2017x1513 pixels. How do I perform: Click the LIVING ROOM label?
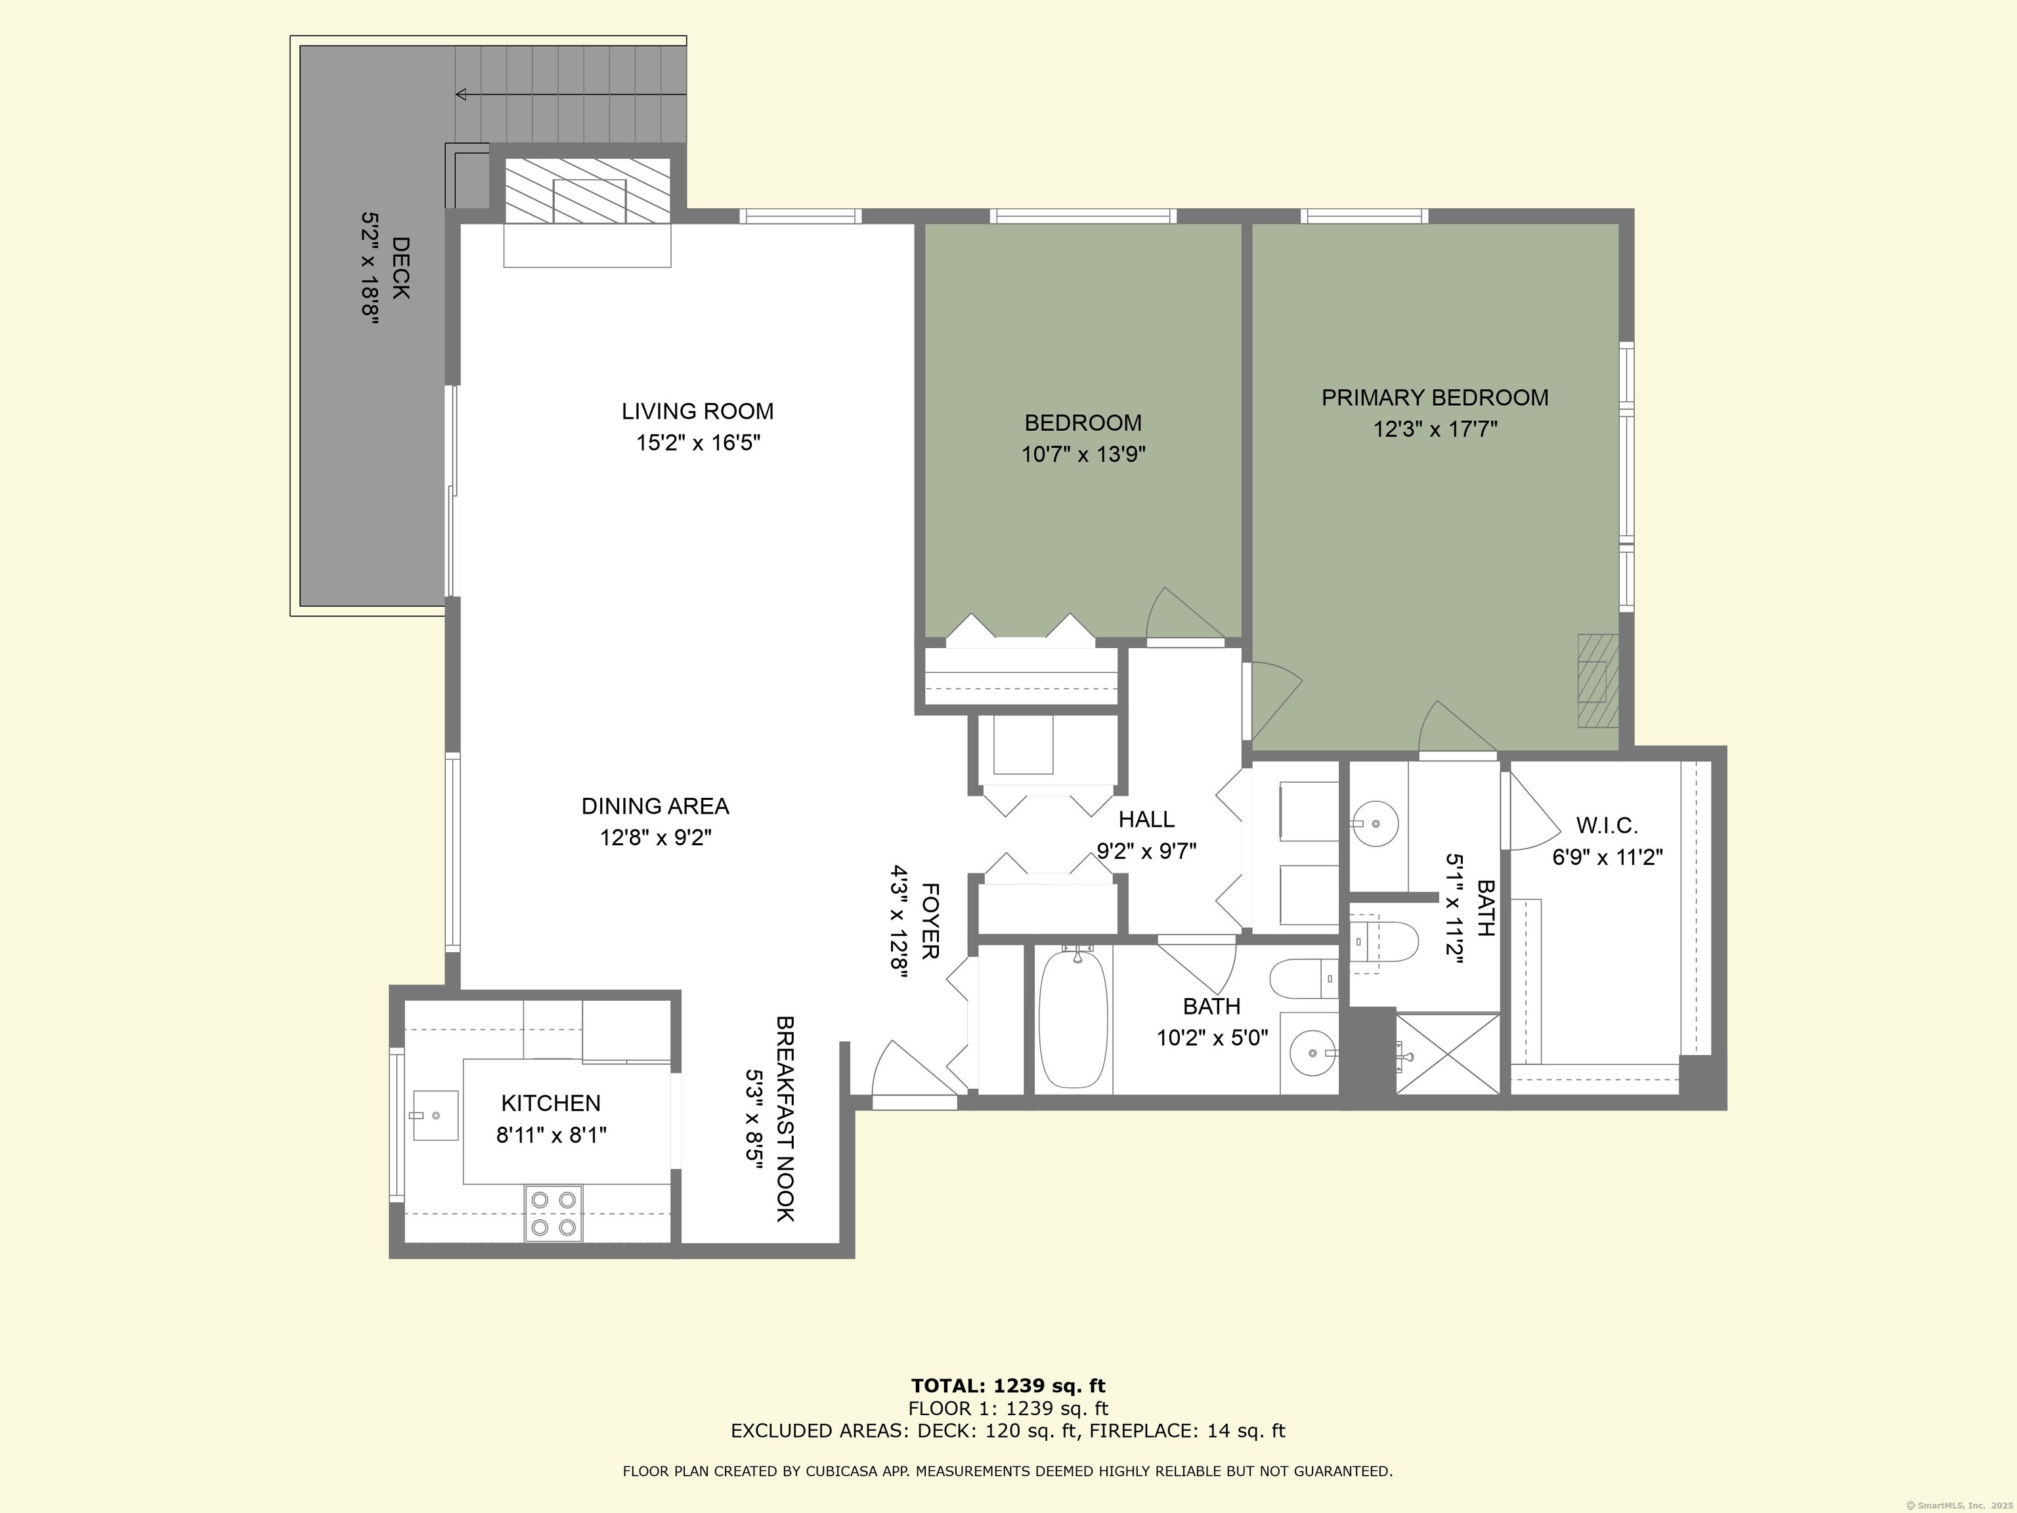(697, 411)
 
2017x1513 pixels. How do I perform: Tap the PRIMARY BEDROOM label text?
(1435, 398)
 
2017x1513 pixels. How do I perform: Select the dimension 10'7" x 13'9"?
(1083, 454)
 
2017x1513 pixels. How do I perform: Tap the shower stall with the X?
(1448, 1054)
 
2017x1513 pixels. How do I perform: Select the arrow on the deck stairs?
(570, 94)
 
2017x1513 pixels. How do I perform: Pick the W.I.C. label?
(1607, 826)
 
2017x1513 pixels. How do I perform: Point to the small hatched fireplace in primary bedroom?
(1599, 681)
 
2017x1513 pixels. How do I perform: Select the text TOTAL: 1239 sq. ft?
(1008, 1387)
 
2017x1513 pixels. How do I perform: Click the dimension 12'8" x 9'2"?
(656, 837)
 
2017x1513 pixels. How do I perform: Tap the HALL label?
(1146, 819)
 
